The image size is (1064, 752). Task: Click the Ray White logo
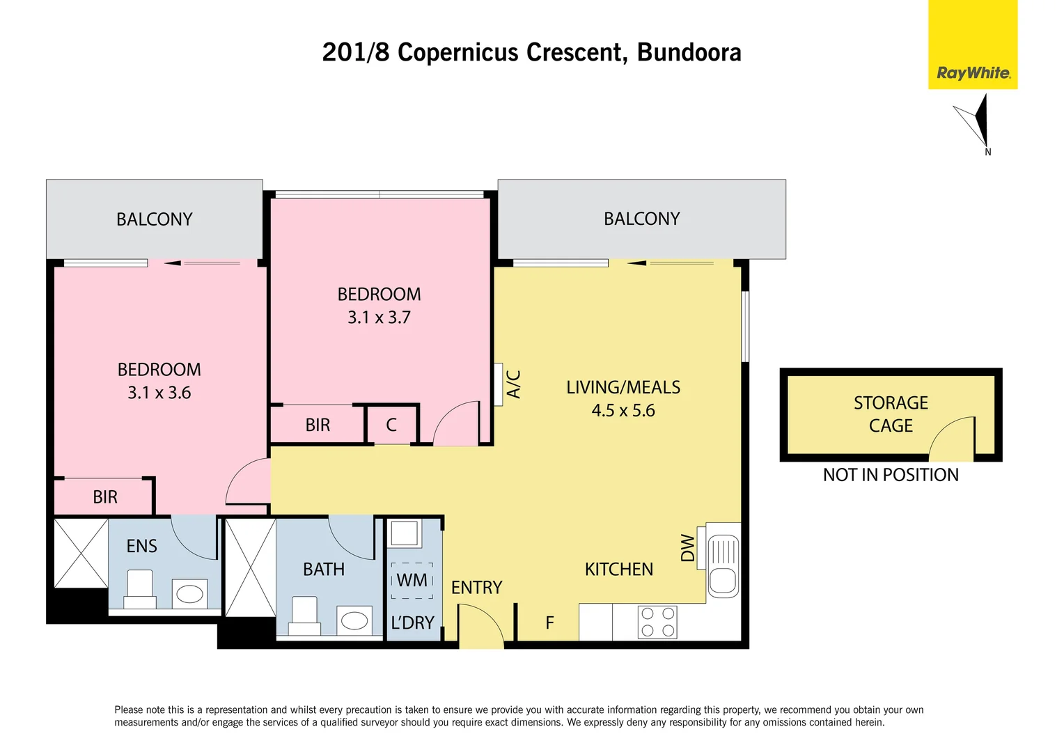(973, 73)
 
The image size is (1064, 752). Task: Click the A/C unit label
(513, 384)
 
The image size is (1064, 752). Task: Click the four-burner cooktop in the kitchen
(657, 622)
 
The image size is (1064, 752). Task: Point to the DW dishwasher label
(687, 548)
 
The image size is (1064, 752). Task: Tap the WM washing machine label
(412, 580)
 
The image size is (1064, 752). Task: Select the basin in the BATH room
(354, 620)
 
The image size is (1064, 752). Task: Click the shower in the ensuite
(81, 553)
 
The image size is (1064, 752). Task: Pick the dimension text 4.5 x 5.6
(623, 411)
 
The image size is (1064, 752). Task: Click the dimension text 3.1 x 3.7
(379, 318)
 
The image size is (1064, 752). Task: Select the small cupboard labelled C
(391, 425)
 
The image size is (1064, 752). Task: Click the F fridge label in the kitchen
(549, 622)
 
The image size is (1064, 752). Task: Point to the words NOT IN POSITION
(891, 475)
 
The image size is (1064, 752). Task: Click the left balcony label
(154, 219)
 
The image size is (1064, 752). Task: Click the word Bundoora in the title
(689, 52)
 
